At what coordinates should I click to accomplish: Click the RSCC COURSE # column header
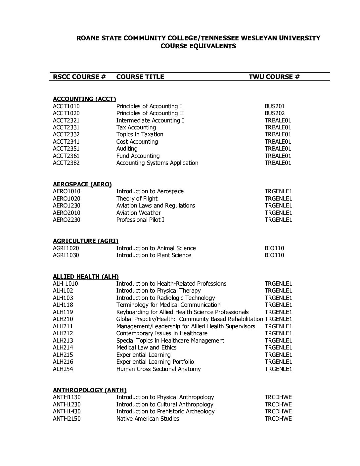(x=79, y=77)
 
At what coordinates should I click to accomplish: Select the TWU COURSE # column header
(x=274, y=77)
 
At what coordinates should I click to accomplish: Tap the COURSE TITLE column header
(x=140, y=77)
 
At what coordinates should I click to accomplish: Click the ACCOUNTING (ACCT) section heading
(x=84, y=99)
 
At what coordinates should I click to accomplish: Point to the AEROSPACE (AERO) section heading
(x=82, y=184)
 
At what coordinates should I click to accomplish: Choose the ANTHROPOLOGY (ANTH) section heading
(x=90, y=390)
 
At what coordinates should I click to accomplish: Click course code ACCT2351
(x=66, y=149)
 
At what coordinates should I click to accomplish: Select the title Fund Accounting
(x=138, y=156)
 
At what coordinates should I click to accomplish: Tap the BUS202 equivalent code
(x=274, y=113)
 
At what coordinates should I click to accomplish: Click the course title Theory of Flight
(x=137, y=199)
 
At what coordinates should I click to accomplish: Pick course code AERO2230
(x=67, y=220)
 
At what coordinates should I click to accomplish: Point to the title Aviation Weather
(x=138, y=213)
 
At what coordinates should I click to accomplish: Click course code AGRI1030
(x=66, y=255)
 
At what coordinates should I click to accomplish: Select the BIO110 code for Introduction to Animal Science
(x=274, y=248)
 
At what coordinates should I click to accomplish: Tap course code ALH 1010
(x=65, y=284)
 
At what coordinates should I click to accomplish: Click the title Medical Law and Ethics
(x=146, y=348)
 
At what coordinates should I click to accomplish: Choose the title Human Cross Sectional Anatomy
(x=158, y=369)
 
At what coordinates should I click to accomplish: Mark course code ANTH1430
(x=67, y=411)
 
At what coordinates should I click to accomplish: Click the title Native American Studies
(x=148, y=419)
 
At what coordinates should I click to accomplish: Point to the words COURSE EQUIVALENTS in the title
(x=198, y=46)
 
